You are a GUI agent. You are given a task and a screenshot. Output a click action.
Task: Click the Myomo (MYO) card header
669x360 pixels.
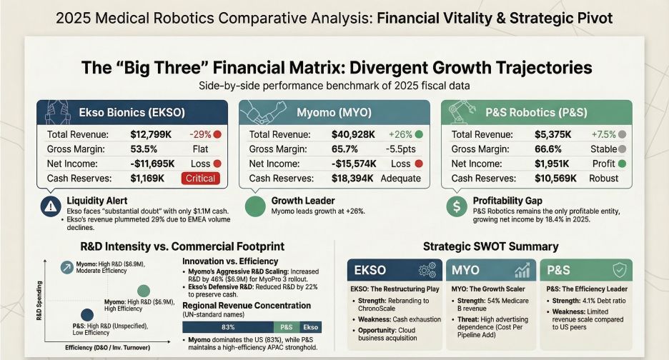[x=335, y=113]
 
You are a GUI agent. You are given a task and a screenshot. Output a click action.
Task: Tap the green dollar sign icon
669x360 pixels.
[x=456, y=206]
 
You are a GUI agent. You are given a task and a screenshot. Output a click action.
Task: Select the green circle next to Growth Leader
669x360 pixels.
[x=255, y=206]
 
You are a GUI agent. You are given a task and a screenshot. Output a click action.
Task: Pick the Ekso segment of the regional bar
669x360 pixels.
[x=312, y=326]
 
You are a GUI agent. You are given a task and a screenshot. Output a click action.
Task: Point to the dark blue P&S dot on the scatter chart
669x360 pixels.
[x=86, y=315]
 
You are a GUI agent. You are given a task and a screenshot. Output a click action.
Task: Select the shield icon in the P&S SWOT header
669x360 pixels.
[x=620, y=271]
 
